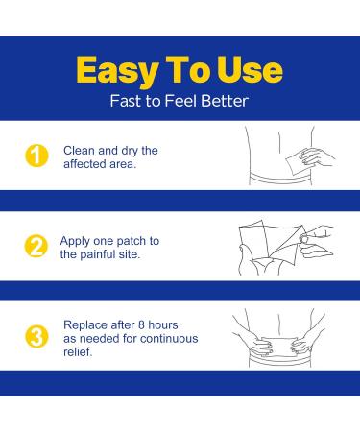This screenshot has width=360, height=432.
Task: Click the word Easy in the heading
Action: click(117, 71)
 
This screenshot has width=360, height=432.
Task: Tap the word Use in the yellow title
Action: click(250, 70)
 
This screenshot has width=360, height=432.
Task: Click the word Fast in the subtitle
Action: click(126, 101)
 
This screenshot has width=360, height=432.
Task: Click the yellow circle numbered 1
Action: click(36, 156)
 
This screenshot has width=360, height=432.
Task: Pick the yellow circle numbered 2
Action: click(36, 246)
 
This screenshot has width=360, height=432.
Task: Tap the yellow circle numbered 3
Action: click(36, 337)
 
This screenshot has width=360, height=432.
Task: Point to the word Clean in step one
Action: click(79, 151)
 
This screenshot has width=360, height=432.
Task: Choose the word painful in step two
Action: click(98, 255)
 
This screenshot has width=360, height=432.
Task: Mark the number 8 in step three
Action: click(141, 325)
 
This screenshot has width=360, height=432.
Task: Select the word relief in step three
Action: click(78, 352)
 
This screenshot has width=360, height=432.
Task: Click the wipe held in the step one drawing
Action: click(296, 163)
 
